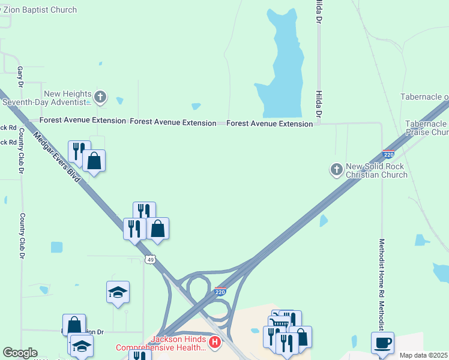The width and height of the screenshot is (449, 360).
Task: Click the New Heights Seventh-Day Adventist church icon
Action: (x=101, y=96)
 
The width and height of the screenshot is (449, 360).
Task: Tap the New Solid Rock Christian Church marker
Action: (x=336, y=170)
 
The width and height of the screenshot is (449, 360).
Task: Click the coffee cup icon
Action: (x=382, y=343)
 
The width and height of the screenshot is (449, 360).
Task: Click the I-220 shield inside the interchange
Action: (x=220, y=292)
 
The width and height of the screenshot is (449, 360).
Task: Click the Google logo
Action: (x=20, y=353)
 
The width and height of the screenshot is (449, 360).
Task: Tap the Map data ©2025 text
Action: (x=424, y=355)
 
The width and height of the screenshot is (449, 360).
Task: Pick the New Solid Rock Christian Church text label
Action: (x=376, y=170)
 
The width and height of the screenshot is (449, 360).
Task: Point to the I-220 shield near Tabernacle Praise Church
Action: (x=388, y=154)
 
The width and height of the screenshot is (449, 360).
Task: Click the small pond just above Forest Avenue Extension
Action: (x=196, y=106)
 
